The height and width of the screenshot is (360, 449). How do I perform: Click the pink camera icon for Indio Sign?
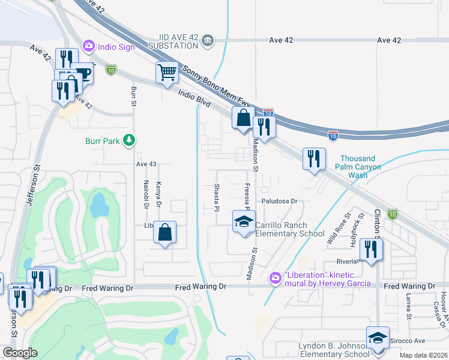click(89, 46)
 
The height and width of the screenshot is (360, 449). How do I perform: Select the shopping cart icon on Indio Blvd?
click(167, 73)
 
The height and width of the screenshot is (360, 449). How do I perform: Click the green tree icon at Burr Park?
click(128, 140)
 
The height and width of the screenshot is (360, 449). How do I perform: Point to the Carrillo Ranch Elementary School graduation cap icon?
click(244, 221)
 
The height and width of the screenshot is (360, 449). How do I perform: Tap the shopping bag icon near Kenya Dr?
click(164, 233)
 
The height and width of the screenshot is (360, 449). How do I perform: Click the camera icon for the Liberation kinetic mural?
click(276, 278)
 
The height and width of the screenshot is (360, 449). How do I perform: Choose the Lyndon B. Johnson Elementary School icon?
click(378, 338)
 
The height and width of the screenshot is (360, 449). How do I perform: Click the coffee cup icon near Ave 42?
click(82, 73)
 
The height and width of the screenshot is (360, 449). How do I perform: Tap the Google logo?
click(20, 353)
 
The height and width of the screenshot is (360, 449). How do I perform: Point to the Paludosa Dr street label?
click(279, 202)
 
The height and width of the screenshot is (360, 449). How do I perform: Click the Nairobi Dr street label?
click(146, 194)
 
